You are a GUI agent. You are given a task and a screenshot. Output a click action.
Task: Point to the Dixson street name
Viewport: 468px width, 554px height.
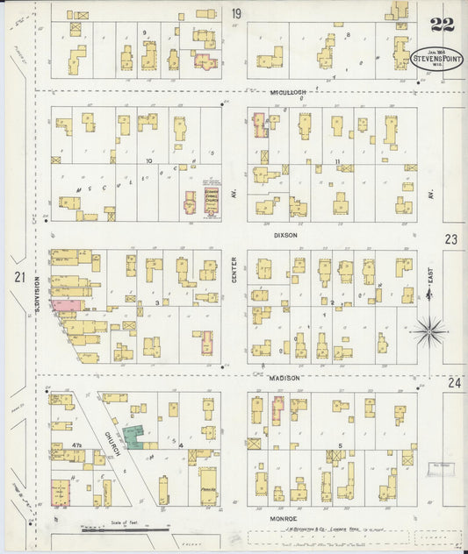[285, 235]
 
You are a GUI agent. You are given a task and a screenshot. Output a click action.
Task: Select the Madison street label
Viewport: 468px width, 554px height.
[285, 377]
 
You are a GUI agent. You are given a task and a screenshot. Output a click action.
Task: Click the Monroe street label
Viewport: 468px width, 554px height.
[285, 519]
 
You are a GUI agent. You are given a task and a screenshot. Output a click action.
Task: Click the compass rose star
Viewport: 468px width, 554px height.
[429, 330]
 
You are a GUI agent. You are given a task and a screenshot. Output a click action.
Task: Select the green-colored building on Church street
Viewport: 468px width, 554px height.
[135, 436]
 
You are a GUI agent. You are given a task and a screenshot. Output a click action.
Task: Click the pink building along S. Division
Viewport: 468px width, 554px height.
[65, 305]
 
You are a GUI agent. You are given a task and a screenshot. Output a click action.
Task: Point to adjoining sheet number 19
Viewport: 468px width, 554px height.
[235, 13]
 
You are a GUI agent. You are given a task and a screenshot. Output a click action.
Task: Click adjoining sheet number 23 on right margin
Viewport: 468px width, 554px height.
[451, 238]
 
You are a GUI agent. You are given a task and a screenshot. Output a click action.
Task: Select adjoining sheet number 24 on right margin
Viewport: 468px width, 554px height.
[452, 382]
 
